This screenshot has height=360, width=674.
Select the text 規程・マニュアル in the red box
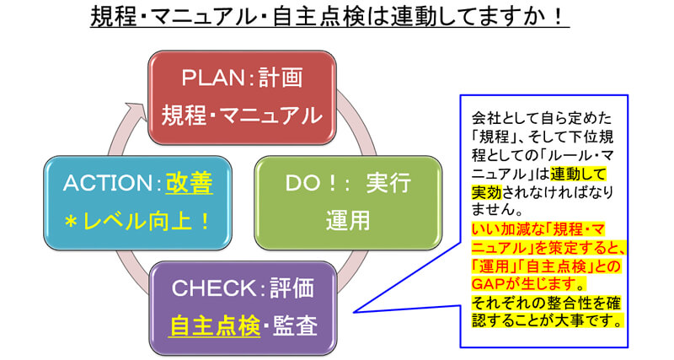pyautogui.click(x=242, y=116)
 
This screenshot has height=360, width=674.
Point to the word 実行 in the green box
pyautogui.click(x=388, y=183)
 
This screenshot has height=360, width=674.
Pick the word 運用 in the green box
pyautogui.click(x=348, y=220)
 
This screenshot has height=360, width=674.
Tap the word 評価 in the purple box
pyautogui.click(x=292, y=288)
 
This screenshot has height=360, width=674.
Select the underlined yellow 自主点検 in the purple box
pyautogui.click(x=215, y=325)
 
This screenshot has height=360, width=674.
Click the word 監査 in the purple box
pyautogui.click(x=296, y=325)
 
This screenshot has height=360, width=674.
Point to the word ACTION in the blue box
pyautogui.click(x=108, y=183)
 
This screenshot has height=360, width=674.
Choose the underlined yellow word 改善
pyautogui.click(x=189, y=183)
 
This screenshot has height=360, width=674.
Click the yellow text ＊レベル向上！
pyautogui.click(x=137, y=222)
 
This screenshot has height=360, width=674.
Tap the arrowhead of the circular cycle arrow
pyautogui.click(x=135, y=109)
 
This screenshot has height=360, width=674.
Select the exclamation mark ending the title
pyautogui.click(x=559, y=18)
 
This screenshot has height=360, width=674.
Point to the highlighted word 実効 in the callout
pyautogui.click(x=487, y=192)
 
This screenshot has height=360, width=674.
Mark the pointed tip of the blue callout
pyautogui.click(x=353, y=312)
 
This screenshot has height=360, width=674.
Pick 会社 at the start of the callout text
pyautogui.click(x=487, y=118)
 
